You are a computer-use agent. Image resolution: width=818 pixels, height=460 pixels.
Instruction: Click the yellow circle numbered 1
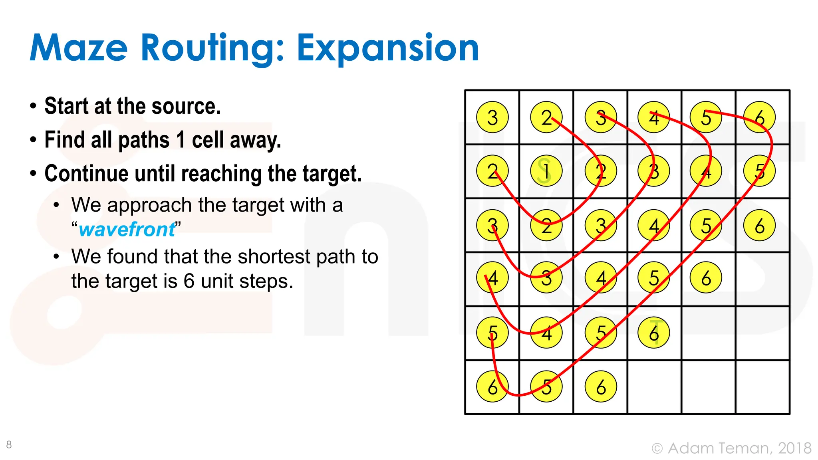(546, 171)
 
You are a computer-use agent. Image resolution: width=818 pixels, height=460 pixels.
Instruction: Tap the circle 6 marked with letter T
(654, 333)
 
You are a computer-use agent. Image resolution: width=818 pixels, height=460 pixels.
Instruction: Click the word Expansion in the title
(387, 48)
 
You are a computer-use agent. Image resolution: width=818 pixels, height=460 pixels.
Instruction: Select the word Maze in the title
(79, 48)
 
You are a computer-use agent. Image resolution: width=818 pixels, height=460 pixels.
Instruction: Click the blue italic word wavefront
(127, 229)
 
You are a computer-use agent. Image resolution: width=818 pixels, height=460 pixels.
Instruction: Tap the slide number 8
(9, 444)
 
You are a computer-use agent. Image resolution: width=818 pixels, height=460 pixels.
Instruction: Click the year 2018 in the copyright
(794, 448)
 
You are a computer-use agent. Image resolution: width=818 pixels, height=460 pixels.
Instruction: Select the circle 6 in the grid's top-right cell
(759, 117)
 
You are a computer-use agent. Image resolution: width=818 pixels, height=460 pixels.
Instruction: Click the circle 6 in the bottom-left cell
(492, 387)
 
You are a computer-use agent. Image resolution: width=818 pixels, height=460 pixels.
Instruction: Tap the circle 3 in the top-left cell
(492, 117)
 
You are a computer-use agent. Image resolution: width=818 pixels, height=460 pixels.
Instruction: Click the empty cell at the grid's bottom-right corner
(762, 387)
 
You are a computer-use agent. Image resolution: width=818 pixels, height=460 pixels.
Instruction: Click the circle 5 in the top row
(706, 117)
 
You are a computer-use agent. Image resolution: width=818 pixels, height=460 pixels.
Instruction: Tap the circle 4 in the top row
(654, 117)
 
